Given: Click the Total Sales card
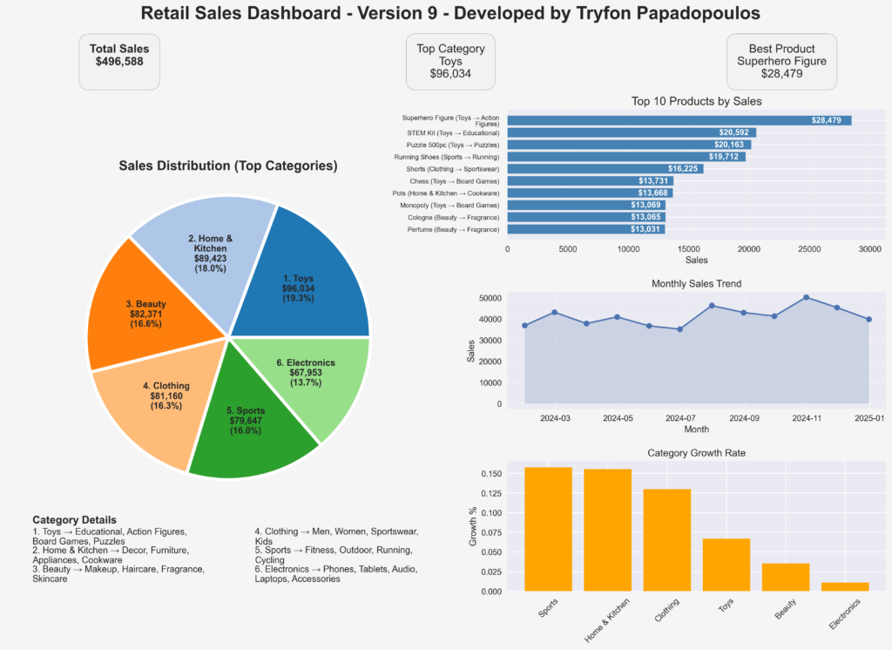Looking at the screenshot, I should tap(119, 61).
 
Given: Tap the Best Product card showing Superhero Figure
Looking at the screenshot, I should tap(781, 61).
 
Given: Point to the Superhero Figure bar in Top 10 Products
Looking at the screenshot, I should tap(679, 120).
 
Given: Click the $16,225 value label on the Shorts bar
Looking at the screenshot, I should tap(683, 169).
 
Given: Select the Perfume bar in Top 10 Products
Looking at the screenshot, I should tap(585, 229).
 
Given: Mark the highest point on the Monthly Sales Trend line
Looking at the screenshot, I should tap(806, 297).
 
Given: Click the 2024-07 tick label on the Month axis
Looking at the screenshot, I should tap(680, 418).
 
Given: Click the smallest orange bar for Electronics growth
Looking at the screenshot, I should tap(844, 586).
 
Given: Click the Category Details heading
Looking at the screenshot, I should tap(74, 520).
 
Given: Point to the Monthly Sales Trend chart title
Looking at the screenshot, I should tap(696, 284).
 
